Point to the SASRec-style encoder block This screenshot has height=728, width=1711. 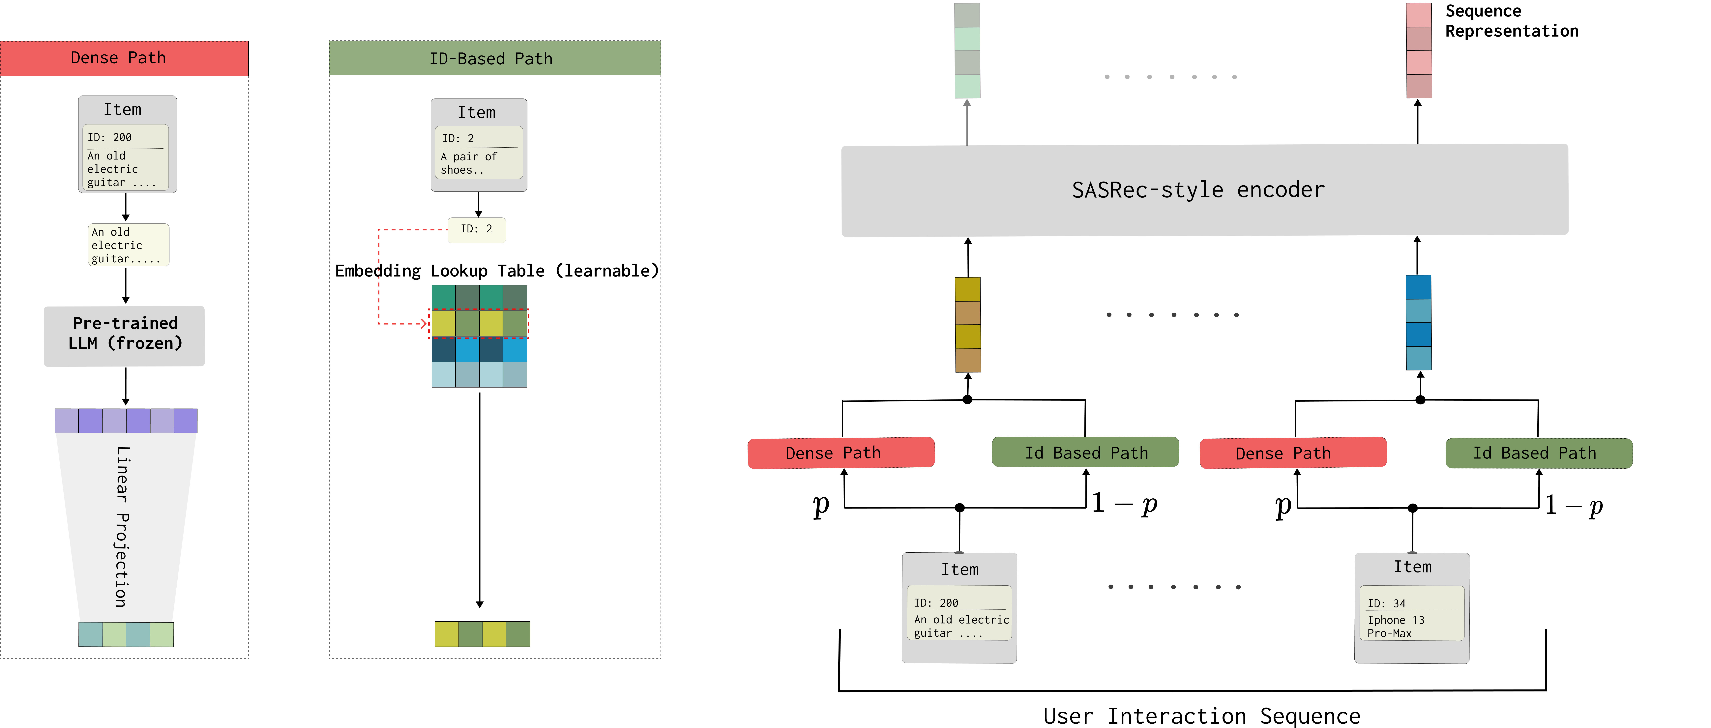pyautogui.click(x=1204, y=190)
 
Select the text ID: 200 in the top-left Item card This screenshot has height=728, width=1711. pyautogui.click(x=110, y=137)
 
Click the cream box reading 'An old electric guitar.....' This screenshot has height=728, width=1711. pyautogui.click(x=128, y=245)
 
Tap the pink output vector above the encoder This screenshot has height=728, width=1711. pyautogui.click(x=1419, y=50)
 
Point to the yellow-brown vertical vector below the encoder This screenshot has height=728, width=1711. pyautogui.click(x=968, y=325)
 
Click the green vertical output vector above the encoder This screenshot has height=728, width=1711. pyautogui.click(x=967, y=50)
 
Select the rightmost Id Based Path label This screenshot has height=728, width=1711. pyautogui.click(x=1538, y=453)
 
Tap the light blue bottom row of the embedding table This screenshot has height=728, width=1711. pyautogui.click(x=479, y=375)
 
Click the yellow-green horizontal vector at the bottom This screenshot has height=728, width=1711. pyautogui.click(x=482, y=634)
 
